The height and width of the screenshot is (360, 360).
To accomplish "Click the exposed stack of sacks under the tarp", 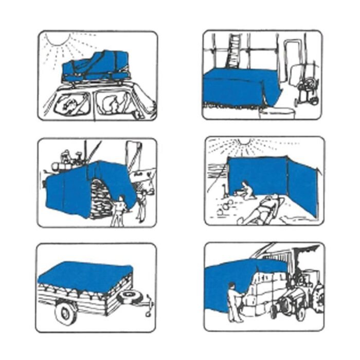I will click(x=100, y=198).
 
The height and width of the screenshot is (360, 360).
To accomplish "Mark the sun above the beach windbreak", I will click(x=244, y=141).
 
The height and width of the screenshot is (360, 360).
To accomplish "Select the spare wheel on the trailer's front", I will click(x=125, y=296).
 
